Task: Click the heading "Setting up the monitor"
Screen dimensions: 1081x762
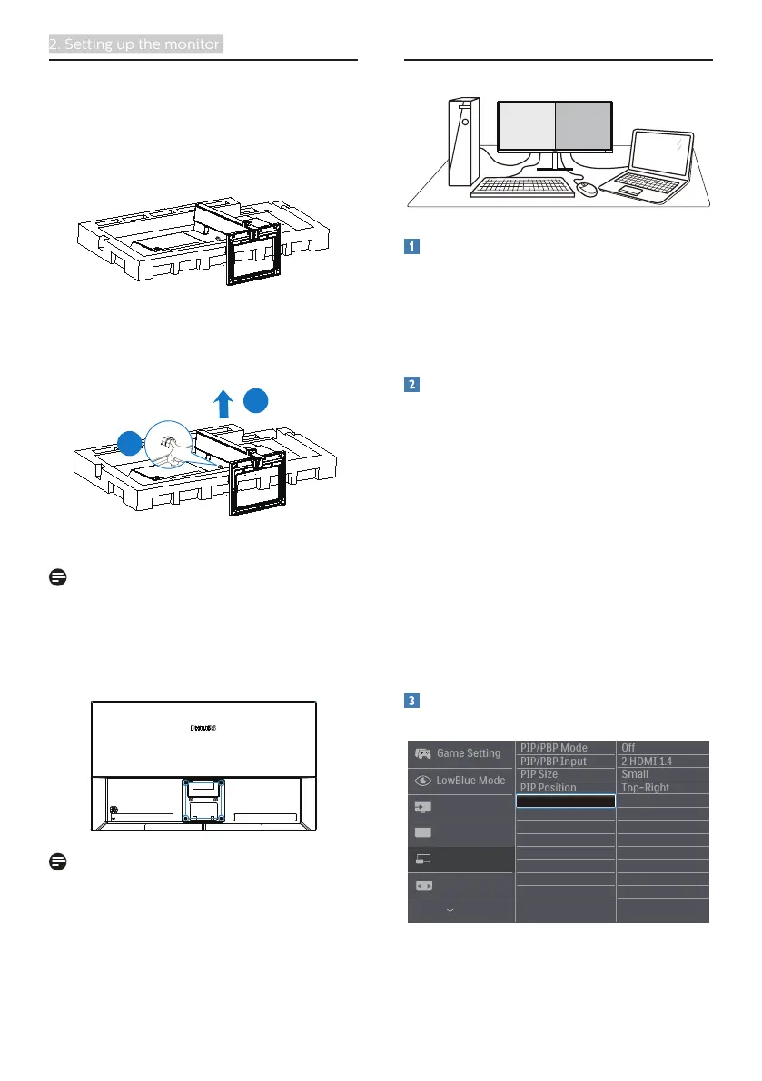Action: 135,44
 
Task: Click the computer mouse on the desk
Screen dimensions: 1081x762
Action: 588,189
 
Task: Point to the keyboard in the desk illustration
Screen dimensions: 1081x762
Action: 522,188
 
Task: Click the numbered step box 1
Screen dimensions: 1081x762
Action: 411,247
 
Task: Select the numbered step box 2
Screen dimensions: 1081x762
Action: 411,385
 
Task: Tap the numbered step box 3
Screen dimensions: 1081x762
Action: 411,701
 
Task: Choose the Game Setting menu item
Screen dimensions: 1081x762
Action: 459,753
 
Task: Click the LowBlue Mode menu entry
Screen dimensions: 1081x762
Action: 459,780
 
